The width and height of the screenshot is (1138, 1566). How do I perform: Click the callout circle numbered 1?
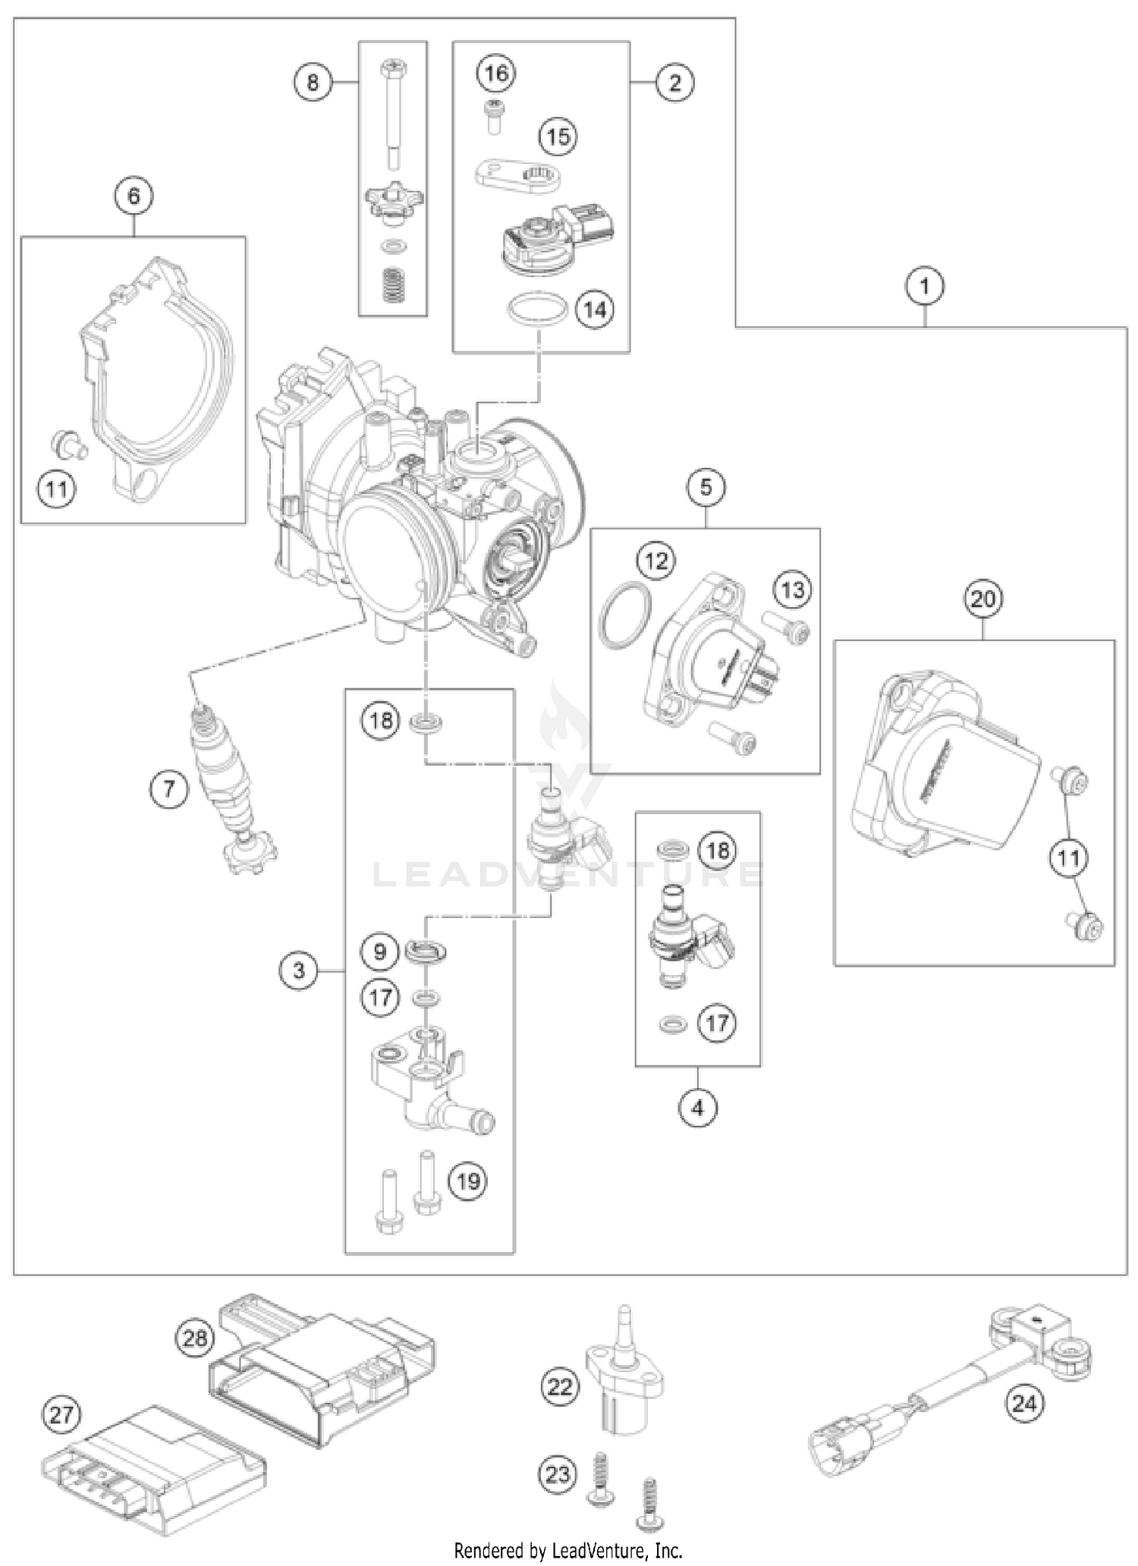[924, 288]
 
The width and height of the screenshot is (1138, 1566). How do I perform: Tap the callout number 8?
[313, 81]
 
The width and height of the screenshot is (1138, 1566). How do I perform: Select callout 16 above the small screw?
[496, 74]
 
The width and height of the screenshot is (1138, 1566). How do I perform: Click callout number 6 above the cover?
[134, 197]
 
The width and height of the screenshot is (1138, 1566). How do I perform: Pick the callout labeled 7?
[168, 790]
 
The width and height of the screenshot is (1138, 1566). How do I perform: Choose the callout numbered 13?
[793, 590]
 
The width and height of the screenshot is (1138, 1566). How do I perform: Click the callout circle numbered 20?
[982, 599]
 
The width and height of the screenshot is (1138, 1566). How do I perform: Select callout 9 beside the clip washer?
[380, 951]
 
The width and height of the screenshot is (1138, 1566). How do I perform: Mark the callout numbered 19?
[468, 1181]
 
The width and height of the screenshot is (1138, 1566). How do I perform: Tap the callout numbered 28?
[195, 1338]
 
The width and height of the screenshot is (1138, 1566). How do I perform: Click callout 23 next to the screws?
[558, 1475]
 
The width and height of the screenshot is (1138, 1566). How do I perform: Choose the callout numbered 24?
[1023, 1403]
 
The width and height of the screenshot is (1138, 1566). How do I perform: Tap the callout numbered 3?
[299, 970]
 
